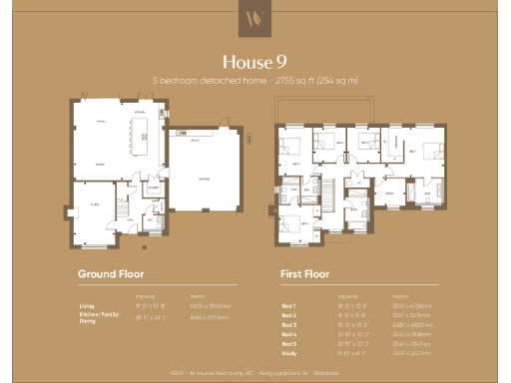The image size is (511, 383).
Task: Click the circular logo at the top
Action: point(255,18)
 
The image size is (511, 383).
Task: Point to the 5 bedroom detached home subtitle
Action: point(255,80)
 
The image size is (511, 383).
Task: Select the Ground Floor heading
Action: point(111,273)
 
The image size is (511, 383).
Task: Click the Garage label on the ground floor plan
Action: point(205,180)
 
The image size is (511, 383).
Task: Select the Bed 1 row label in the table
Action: point(288,306)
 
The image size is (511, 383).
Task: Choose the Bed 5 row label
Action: point(288,342)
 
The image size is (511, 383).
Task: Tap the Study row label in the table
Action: point(289,351)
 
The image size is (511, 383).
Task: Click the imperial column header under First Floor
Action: point(348,296)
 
